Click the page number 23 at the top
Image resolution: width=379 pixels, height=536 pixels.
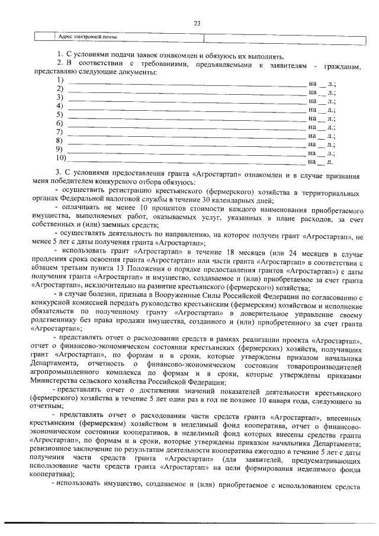pos(197,23)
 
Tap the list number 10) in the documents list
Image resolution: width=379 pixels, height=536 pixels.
pos(60,159)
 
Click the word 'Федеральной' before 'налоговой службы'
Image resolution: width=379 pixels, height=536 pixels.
pos(100,201)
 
